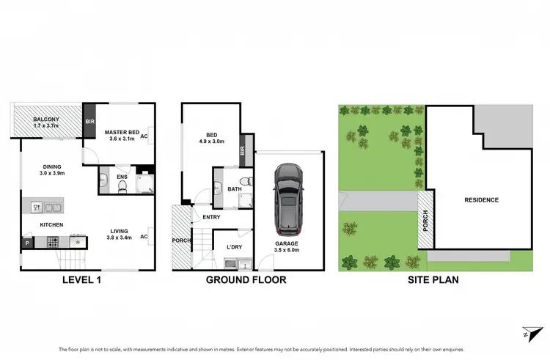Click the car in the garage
coord(287,196)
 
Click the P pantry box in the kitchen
coord(27,242)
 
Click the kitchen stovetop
coord(54,241)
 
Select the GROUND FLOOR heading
coord(246,280)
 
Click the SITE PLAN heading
coord(434,280)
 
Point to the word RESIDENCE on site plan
coord(481,199)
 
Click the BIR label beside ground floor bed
coord(243,152)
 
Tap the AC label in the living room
coord(144,237)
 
